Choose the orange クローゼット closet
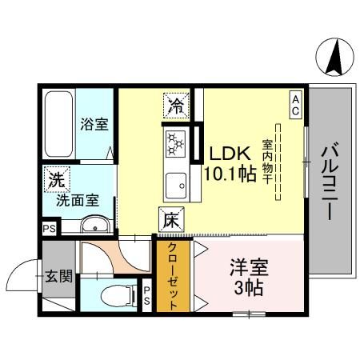pos(171,277)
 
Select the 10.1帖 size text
pos(229,174)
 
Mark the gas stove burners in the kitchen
pos(175,144)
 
